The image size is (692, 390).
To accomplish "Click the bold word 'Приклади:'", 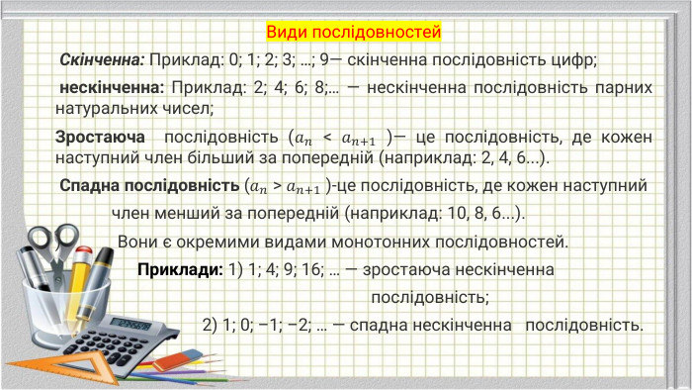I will (180, 269).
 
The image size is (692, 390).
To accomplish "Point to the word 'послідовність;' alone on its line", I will (430, 296).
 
